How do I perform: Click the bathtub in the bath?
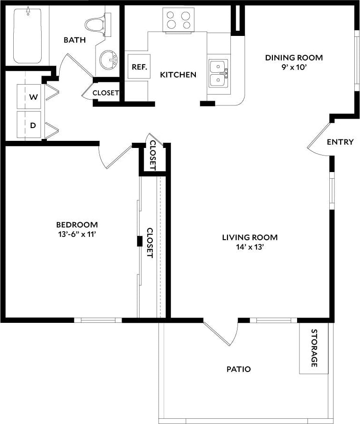click(27, 35)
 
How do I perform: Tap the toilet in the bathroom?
click(96, 23)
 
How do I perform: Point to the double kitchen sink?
click(218, 73)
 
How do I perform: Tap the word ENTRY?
click(340, 142)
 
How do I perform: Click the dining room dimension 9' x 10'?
click(293, 67)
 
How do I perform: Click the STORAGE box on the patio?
click(314, 348)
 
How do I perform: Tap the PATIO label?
click(238, 369)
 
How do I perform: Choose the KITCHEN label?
click(178, 75)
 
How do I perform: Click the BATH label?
click(75, 40)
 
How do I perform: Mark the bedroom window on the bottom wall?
click(98, 320)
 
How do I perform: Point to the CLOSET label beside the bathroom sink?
click(105, 93)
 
